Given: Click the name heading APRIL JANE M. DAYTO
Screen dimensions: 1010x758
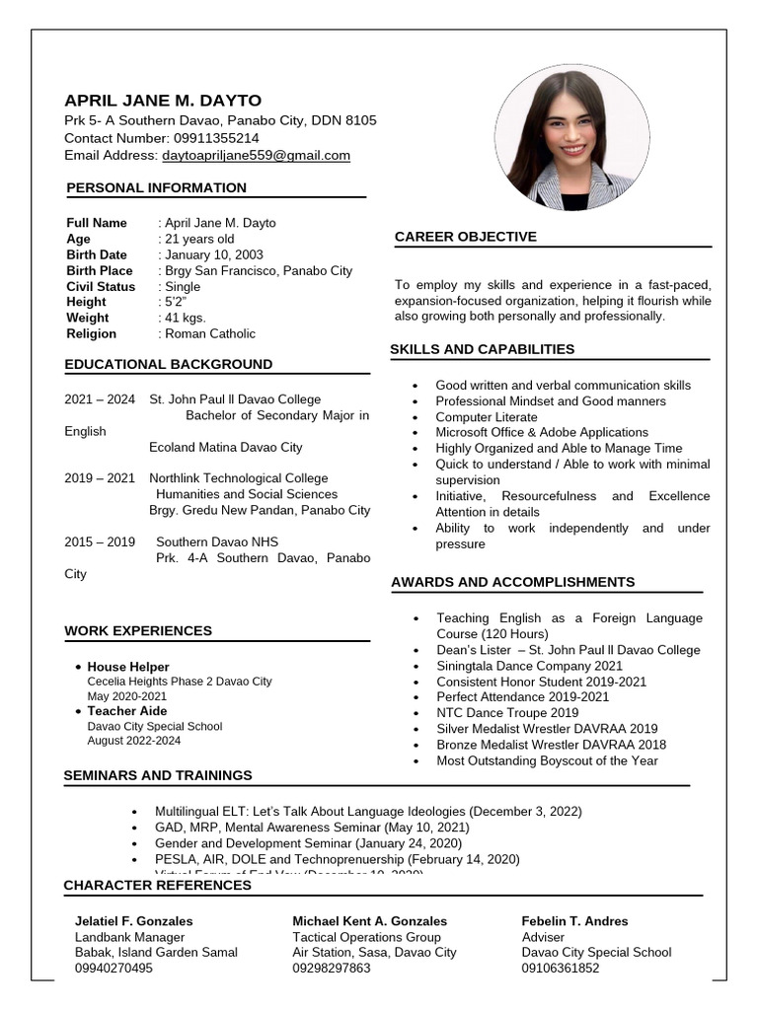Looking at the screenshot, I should pyautogui.click(x=163, y=101).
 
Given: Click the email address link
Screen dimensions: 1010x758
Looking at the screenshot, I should pyautogui.click(x=256, y=156).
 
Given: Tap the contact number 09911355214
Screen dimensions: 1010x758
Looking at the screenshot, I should pyautogui.click(x=216, y=138).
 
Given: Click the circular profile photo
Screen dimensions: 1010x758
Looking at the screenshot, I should pyautogui.click(x=571, y=138).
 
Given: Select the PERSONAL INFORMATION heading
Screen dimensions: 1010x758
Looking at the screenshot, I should pyautogui.click(x=156, y=188).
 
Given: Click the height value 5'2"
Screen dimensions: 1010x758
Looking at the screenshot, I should pyautogui.click(x=177, y=302).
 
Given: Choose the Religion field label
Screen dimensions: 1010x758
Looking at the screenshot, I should pyautogui.click(x=91, y=333).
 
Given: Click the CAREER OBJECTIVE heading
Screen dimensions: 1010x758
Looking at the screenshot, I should pyautogui.click(x=466, y=237).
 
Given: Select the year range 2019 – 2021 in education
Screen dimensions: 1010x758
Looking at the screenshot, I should pyautogui.click(x=100, y=478).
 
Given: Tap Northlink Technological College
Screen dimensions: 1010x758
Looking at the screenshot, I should pyautogui.click(x=239, y=478).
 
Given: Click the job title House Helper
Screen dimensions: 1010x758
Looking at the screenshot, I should pyautogui.click(x=128, y=667).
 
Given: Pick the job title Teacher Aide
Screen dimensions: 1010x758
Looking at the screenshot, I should pyautogui.click(x=127, y=711).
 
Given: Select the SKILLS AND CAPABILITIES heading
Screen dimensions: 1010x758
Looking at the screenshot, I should pyautogui.click(x=482, y=349).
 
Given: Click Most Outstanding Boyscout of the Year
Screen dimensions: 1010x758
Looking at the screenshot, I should pyautogui.click(x=547, y=760).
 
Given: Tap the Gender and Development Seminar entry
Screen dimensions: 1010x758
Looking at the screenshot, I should pyautogui.click(x=308, y=843).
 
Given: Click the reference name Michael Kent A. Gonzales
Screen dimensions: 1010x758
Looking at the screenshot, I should pyautogui.click(x=369, y=921).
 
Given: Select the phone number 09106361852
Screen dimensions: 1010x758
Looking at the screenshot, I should pyautogui.click(x=561, y=969).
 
